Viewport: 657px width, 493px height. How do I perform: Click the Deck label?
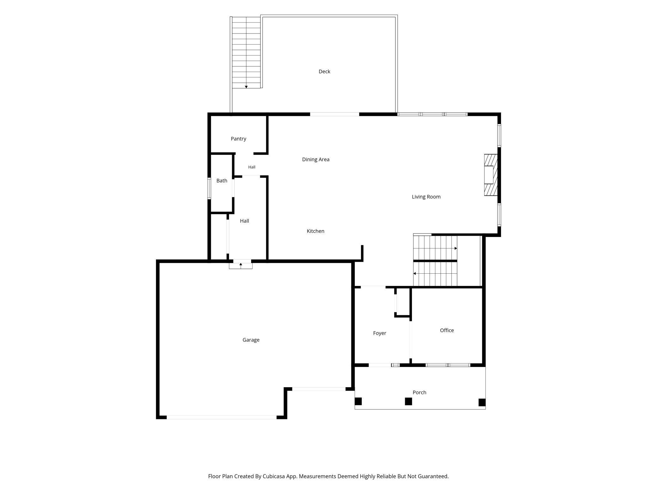point(324,71)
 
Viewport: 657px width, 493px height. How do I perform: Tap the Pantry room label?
point(238,139)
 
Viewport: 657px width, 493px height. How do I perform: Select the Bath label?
point(222,181)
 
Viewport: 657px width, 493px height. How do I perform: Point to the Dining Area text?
point(316,159)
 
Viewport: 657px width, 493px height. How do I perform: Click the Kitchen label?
point(316,231)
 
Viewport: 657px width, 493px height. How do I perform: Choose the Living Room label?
point(426,197)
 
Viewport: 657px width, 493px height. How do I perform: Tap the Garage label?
point(251,340)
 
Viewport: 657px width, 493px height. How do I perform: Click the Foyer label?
point(379,333)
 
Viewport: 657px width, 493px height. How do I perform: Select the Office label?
point(447,330)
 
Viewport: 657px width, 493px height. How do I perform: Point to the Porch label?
point(419,392)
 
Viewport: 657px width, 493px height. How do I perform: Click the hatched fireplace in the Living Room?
point(491,175)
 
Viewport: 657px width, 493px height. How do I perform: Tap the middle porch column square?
point(408,401)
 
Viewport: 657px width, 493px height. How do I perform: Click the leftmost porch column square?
point(358,401)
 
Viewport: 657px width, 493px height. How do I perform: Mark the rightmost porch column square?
point(482,402)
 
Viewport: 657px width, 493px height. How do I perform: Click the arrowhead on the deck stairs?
point(246,87)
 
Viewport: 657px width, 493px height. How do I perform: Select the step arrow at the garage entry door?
point(241,265)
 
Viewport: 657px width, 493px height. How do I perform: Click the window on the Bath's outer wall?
point(209,189)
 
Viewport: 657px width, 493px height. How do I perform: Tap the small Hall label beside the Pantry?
point(252,167)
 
